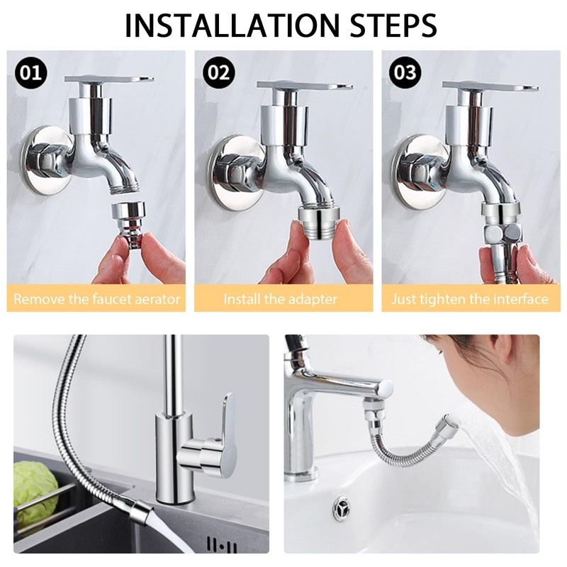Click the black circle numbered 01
click(30, 73)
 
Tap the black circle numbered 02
click(218, 73)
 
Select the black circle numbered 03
click(405, 73)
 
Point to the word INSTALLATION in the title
click(232, 25)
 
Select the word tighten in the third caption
click(442, 300)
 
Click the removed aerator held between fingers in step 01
click(128, 224)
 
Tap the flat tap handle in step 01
click(109, 79)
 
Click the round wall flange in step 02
click(235, 173)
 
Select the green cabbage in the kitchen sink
click(35, 493)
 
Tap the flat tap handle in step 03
click(490, 86)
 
